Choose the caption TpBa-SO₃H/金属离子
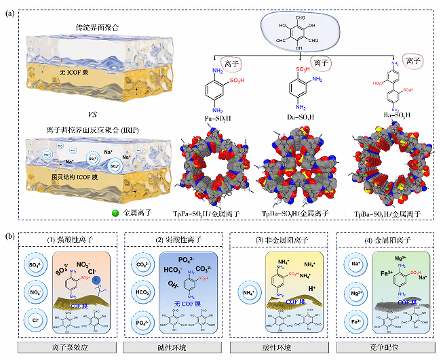[389, 214]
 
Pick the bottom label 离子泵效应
[70, 348]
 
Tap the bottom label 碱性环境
[175, 348]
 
